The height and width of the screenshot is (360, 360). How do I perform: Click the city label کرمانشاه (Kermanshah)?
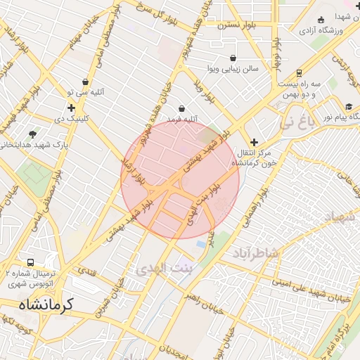tap(46, 306)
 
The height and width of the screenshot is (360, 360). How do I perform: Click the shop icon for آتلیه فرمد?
tap(182, 108)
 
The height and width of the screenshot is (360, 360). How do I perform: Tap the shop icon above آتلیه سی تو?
tap(86, 82)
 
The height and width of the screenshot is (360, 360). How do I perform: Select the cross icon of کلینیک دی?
tap(71, 108)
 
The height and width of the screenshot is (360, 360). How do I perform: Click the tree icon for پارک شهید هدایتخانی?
tap(32, 134)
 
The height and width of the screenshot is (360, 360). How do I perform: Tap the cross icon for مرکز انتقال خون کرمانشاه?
tap(254, 142)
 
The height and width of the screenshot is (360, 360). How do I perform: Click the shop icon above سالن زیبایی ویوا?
tap(233, 58)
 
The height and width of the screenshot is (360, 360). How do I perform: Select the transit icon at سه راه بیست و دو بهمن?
tap(299, 72)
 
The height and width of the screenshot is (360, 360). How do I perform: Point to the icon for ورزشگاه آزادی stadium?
tap(321, 20)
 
